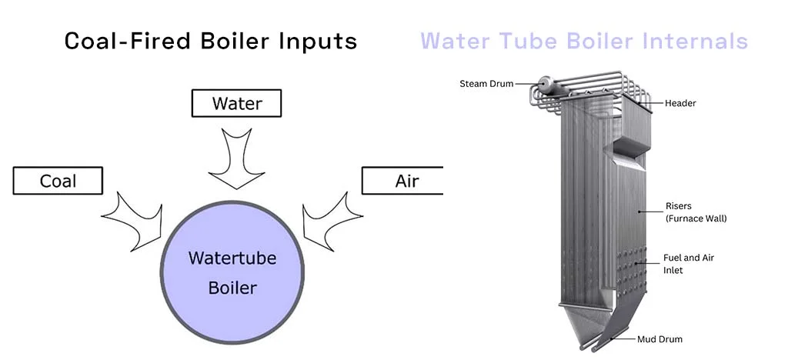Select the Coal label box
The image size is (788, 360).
(x=58, y=181)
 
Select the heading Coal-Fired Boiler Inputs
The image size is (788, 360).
(x=210, y=40)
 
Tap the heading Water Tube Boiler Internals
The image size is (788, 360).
(x=584, y=40)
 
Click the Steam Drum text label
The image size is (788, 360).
(x=486, y=83)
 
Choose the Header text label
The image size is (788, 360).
(x=680, y=103)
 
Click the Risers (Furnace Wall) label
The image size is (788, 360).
(x=696, y=212)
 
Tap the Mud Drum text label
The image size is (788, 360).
(x=659, y=338)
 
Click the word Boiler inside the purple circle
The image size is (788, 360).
(x=232, y=288)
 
